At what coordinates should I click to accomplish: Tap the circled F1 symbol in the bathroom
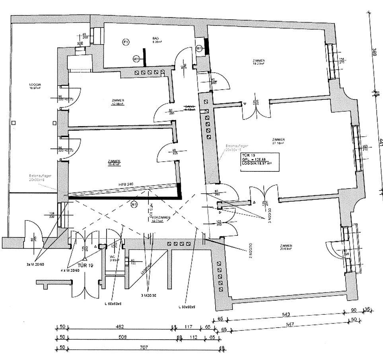click(x=126, y=42)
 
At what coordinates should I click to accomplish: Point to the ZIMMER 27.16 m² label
click(x=278, y=140)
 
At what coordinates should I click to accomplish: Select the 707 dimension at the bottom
click(x=144, y=347)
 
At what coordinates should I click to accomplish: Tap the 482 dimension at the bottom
click(x=120, y=327)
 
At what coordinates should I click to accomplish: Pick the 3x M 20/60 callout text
click(x=35, y=264)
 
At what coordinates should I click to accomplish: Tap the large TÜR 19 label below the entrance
click(x=85, y=265)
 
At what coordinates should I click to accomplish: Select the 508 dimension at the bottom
click(x=122, y=337)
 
